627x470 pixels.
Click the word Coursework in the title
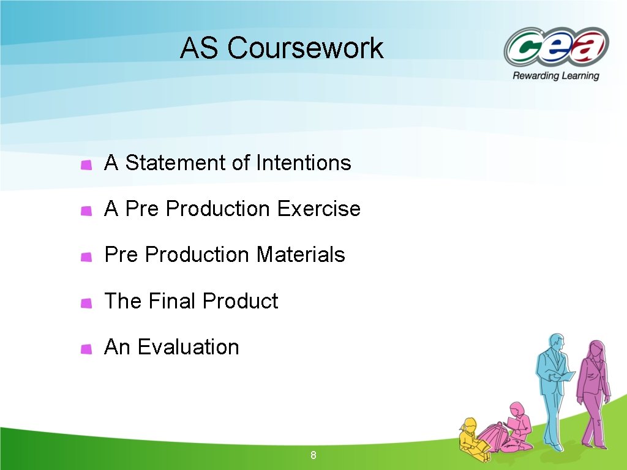pyautogui.click(x=306, y=48)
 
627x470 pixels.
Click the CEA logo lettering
pyautogui.click(x=556, y=48)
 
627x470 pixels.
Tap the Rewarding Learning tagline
pyautogui.click(x=555, y=76)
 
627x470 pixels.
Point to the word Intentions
pyautogui.click(x=304, y=163)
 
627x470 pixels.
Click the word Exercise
pyautogui.click(x=318, y=209)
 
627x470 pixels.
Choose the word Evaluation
pyautogui.click(x=188, y=347)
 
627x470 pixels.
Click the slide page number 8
pyautogui.click(x=313, y=455)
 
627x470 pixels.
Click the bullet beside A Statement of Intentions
pyautogui.click(x=86, y=164)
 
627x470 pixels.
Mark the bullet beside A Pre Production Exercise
pyautogui.click(x=86, y=211)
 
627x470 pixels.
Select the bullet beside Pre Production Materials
pyautogui.click(x=86, y=256)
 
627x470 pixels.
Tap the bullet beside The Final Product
pyautogui.click(x=86, y=302)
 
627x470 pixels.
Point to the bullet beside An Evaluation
pyautogui.click(x=86, y=349)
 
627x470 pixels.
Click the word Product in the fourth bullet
pyautogui.click(x=240, y=301)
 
